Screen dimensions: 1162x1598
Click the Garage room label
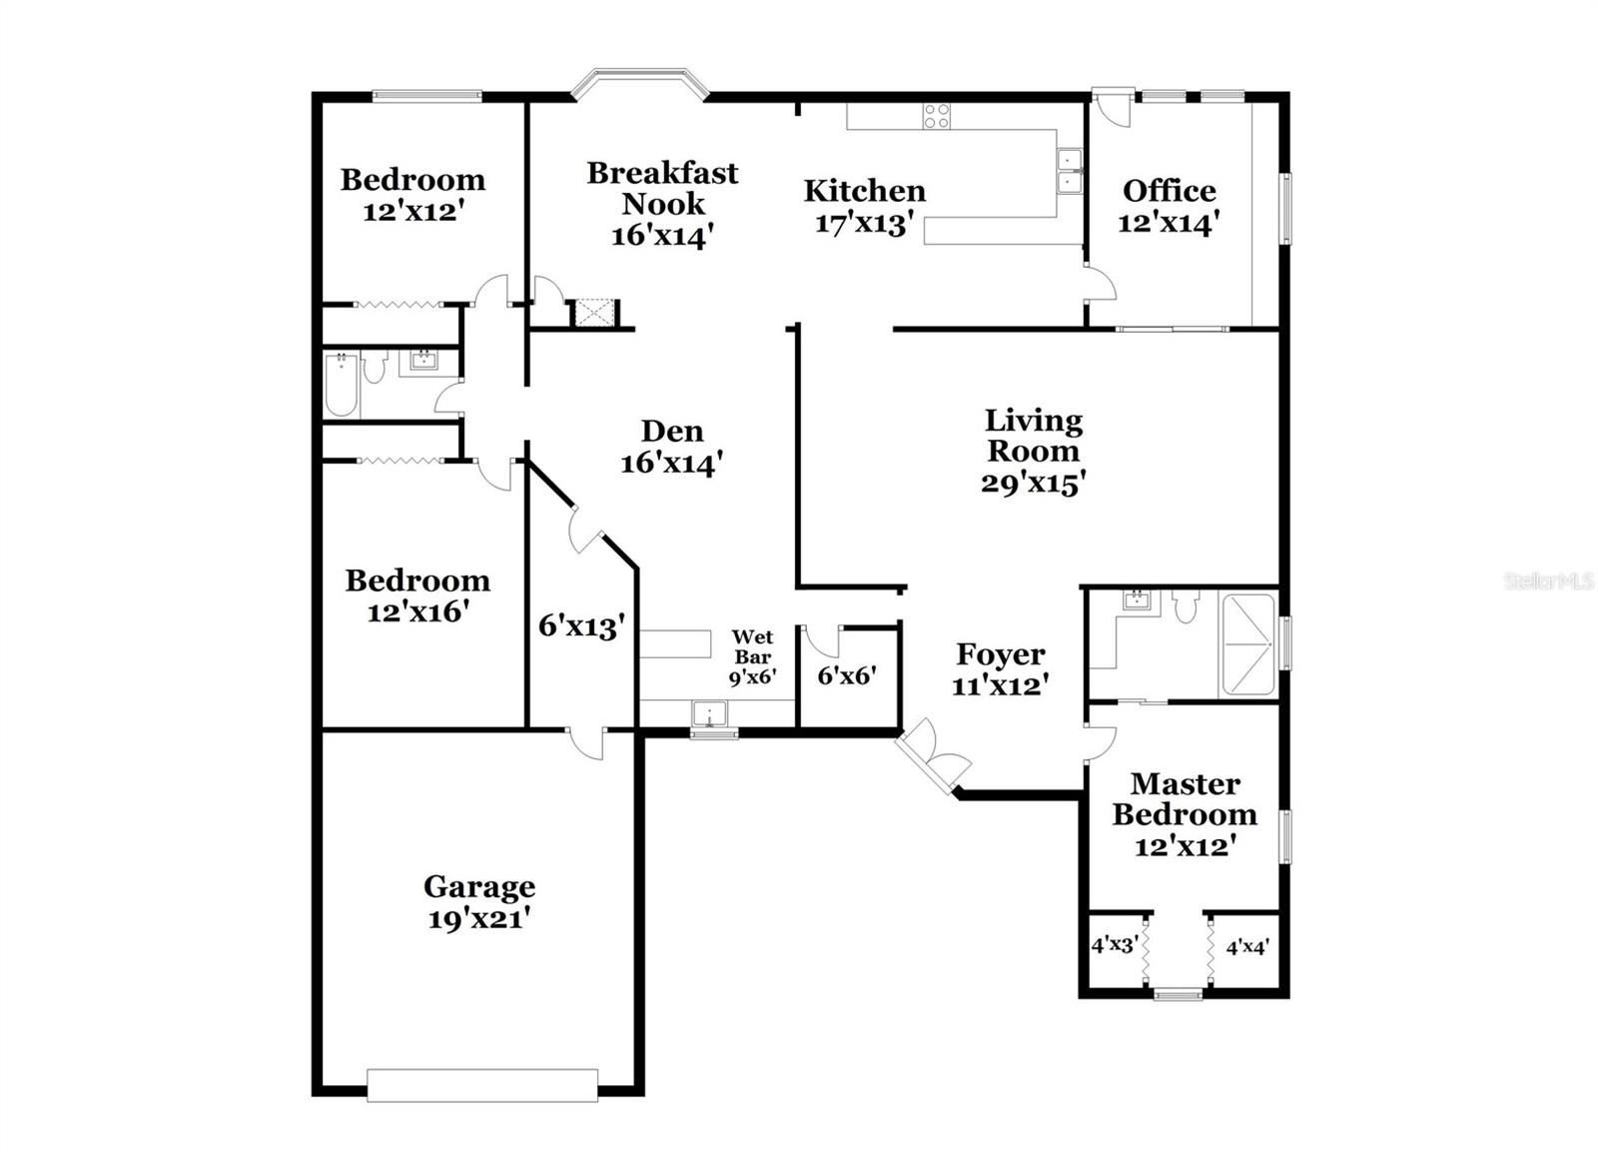pyautogui.click(x=479, y=886)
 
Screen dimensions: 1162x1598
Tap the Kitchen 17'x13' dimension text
pyautogui.click(x=865, y=223)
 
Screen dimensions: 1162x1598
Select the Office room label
pyautogui.click(x=1169, y=191)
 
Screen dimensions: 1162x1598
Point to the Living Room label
pyautogui.click(x=1034, y=436)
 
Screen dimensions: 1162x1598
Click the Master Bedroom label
pyautogui.click(x=1185, y=798)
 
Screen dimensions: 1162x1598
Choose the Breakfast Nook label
pyautogui.click(x=662, y=188)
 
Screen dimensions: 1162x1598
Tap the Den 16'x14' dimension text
pyautogui.click(x=671, y=463)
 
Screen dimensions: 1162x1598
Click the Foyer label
pyautogui.click(x=1001, y=654)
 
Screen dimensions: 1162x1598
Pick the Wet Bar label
pyautogui.click(x=752, y=646)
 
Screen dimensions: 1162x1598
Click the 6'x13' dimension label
pyautogui.click(x=581, y=626)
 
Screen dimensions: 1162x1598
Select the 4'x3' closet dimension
pyautogui.click(x=1115, y=944)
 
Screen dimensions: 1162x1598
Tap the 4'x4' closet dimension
pyautogui.click(x=1247, y=946)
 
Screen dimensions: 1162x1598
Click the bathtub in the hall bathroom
pyautogui.click(x=342, y=385)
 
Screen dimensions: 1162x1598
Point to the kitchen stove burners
pyautogui.click(x=936, y=116)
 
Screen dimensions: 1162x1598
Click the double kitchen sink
pyautogui.click(x=1070, y=171)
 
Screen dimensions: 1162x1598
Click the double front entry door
pyautogui.click(x=932, y=759)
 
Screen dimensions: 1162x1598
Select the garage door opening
pyautogui.click(x=482, y=1085)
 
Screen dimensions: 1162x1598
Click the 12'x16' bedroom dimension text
pyautogui.click(x=417, y=611)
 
